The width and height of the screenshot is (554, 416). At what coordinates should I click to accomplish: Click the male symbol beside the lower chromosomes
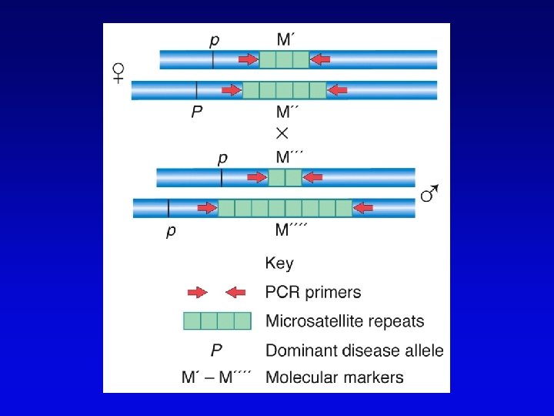click(x=429, y=193)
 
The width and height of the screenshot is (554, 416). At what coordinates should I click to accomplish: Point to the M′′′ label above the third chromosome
click(x=290, y=157)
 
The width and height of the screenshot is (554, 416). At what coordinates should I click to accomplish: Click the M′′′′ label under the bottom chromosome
click(x=292, y=230)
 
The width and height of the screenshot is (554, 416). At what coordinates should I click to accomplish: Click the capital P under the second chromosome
click(x=197, y=112)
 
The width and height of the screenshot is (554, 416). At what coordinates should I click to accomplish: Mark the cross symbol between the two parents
click(x=282, y=133)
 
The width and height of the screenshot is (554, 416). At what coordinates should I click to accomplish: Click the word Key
click(x=279, y=263)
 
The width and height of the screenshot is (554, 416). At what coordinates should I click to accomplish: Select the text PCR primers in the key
click(x=312, y=292)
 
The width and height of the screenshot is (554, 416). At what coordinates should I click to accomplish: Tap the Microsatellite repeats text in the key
click(x=344, y=320)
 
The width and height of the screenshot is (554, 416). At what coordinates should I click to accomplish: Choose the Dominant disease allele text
click(x=354, y=350)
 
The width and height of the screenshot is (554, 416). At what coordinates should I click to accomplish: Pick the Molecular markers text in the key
click(x=334, y=377)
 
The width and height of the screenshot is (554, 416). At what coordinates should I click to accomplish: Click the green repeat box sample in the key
click(x=217, y=320)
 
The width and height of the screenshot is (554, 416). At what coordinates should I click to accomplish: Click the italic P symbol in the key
click(x=216, y=350)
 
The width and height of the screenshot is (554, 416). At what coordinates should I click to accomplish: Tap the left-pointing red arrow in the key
click(x=235, y=292)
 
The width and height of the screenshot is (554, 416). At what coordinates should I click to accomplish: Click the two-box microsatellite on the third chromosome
click(x=285, y=178)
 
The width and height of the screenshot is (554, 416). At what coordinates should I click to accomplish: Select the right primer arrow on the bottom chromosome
click(x=362, y=207)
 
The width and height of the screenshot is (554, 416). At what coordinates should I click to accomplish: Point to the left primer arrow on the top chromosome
click(x=248, y=59)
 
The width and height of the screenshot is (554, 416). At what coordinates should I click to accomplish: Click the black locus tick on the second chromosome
click(x=196, y=89)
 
